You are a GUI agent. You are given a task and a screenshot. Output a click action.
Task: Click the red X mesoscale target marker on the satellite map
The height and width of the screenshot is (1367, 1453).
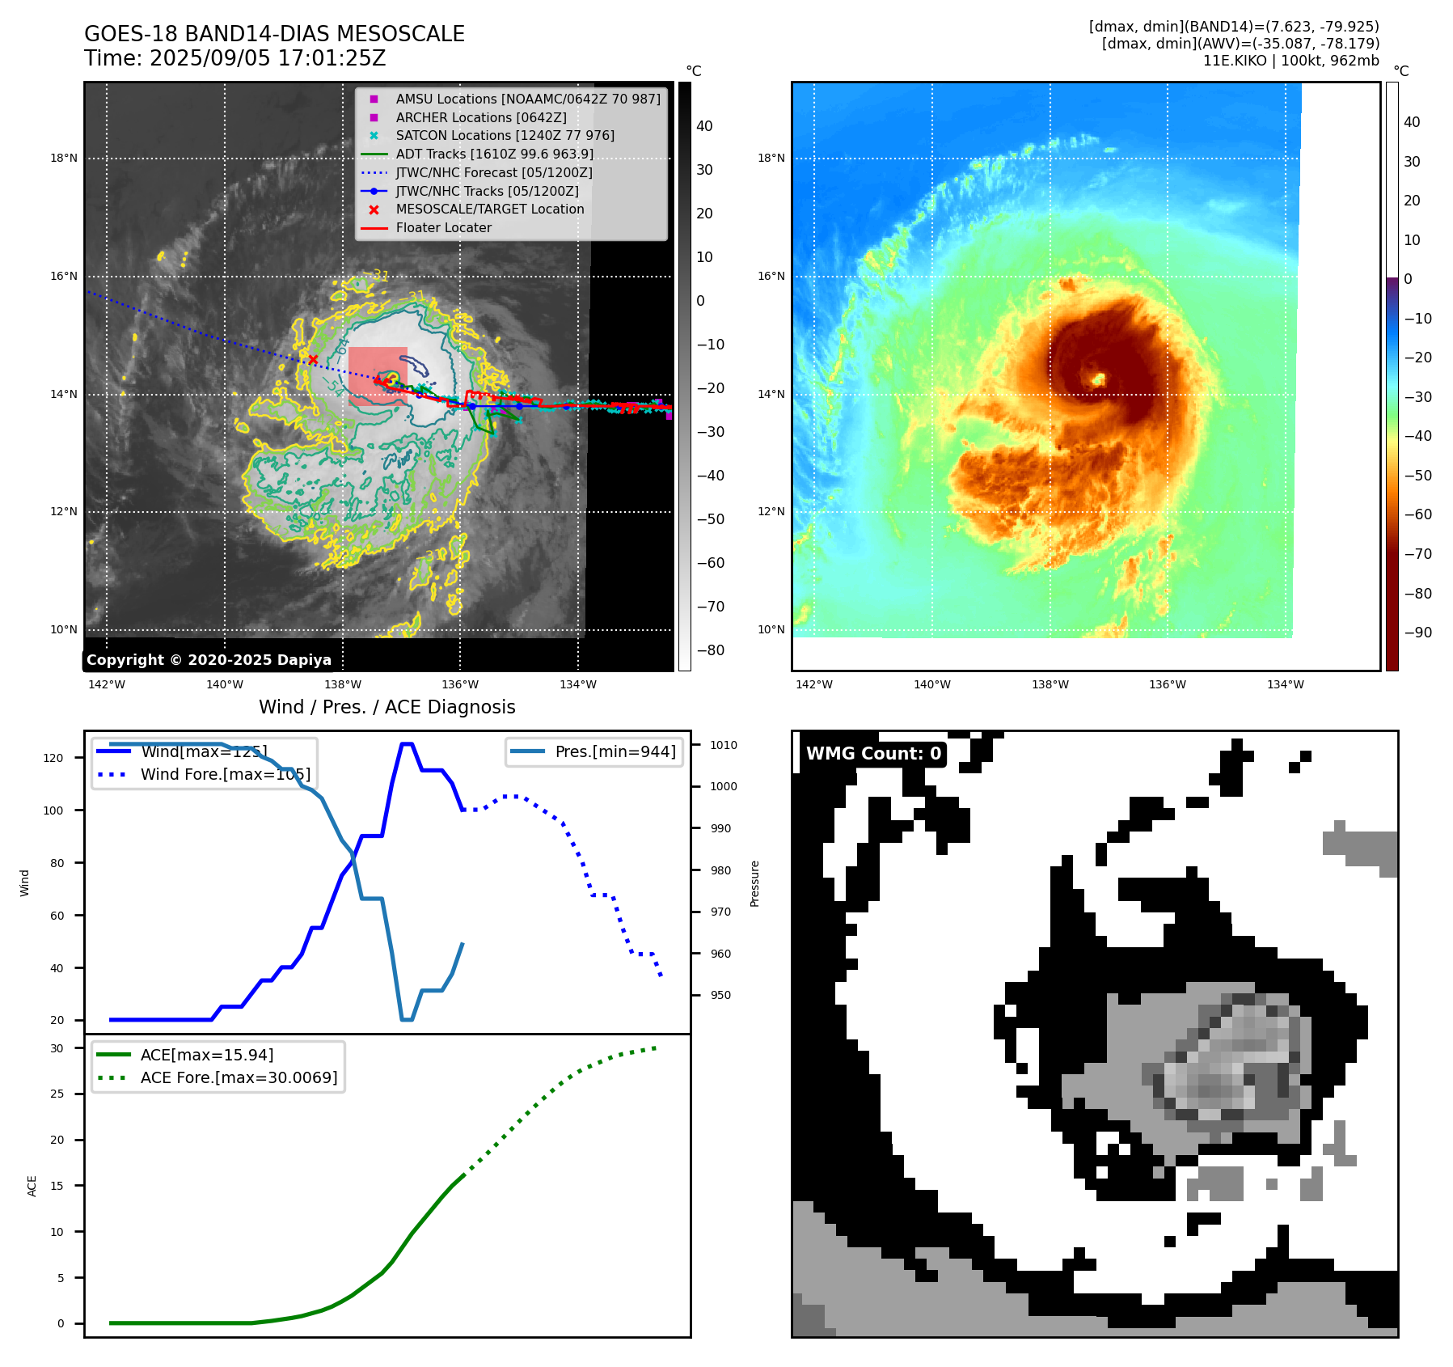point(313,360)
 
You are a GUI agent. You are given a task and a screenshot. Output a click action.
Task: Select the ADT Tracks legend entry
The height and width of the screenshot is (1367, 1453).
point(494,154)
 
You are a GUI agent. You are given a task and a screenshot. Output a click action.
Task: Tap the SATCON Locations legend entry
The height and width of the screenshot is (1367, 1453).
point(505,135)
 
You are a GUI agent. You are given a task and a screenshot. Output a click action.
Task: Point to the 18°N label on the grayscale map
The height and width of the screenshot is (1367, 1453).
point(64,159)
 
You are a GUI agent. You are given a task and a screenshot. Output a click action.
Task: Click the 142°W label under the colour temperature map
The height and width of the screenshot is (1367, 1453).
point(813,684)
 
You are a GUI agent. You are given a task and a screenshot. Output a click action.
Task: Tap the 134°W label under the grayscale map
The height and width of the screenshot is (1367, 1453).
point(578,684)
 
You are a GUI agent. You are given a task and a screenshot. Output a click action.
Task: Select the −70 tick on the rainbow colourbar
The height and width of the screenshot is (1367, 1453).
point(1417,554)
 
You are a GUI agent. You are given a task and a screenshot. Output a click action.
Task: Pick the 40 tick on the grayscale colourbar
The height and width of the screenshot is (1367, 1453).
point(704,126)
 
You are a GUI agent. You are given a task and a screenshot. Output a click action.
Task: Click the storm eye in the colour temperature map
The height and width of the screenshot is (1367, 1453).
point(1098,379)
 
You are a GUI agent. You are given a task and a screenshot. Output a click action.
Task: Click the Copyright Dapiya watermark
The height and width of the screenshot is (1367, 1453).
point(209,660)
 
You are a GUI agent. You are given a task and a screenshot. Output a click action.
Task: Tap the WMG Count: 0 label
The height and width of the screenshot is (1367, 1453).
point(873,754)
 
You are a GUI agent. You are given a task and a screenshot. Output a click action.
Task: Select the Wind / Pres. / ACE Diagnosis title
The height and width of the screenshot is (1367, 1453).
point(386,707)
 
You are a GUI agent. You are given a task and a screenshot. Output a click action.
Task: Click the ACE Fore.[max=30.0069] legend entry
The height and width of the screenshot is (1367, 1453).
point(239,1077)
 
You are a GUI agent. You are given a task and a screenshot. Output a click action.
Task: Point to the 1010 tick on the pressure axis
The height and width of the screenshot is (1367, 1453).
point(724,745)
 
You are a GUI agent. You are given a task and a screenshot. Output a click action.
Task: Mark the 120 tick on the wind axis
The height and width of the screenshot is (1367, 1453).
point(53,758)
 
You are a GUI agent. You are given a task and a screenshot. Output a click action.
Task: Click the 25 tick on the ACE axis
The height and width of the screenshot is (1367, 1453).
point(57,1094)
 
